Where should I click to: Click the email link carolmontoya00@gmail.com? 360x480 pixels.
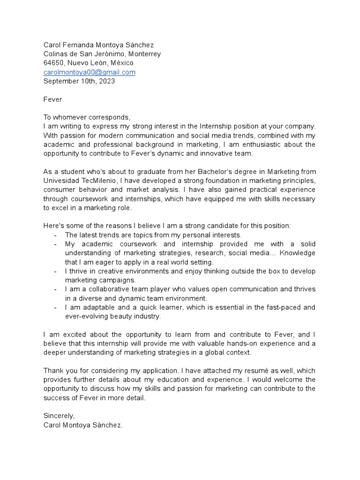tap(89, 72)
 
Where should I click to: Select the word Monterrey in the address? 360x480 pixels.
tap(144, 54)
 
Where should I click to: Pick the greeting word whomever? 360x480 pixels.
tap(73, 117)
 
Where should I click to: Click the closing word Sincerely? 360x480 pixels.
tap(59, 416)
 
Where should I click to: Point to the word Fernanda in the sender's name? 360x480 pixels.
tap(80, 45)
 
